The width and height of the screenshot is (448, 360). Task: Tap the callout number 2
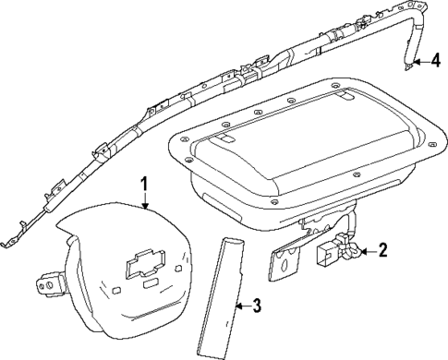click(x=381, y=250)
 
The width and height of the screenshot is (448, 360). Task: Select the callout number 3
click(x=258, y=304)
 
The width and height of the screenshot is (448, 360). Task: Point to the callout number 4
click(x=433, y=63)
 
